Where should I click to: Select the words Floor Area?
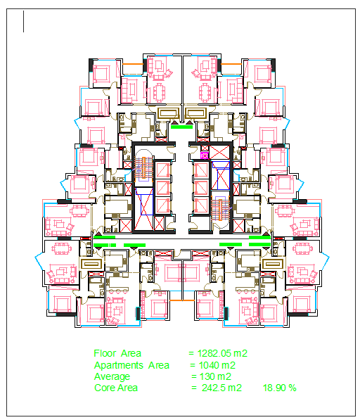pos(117,353)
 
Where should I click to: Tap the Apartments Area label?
pos(131,365)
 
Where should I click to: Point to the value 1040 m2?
pos(215,365)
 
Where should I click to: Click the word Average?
pos(112,376)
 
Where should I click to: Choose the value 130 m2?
pos(211,376)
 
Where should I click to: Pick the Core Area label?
pos(116,388)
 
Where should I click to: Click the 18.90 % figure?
pos(280,388)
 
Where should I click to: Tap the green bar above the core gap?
pos(181,127)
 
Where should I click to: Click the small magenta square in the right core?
pos(205,148)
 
